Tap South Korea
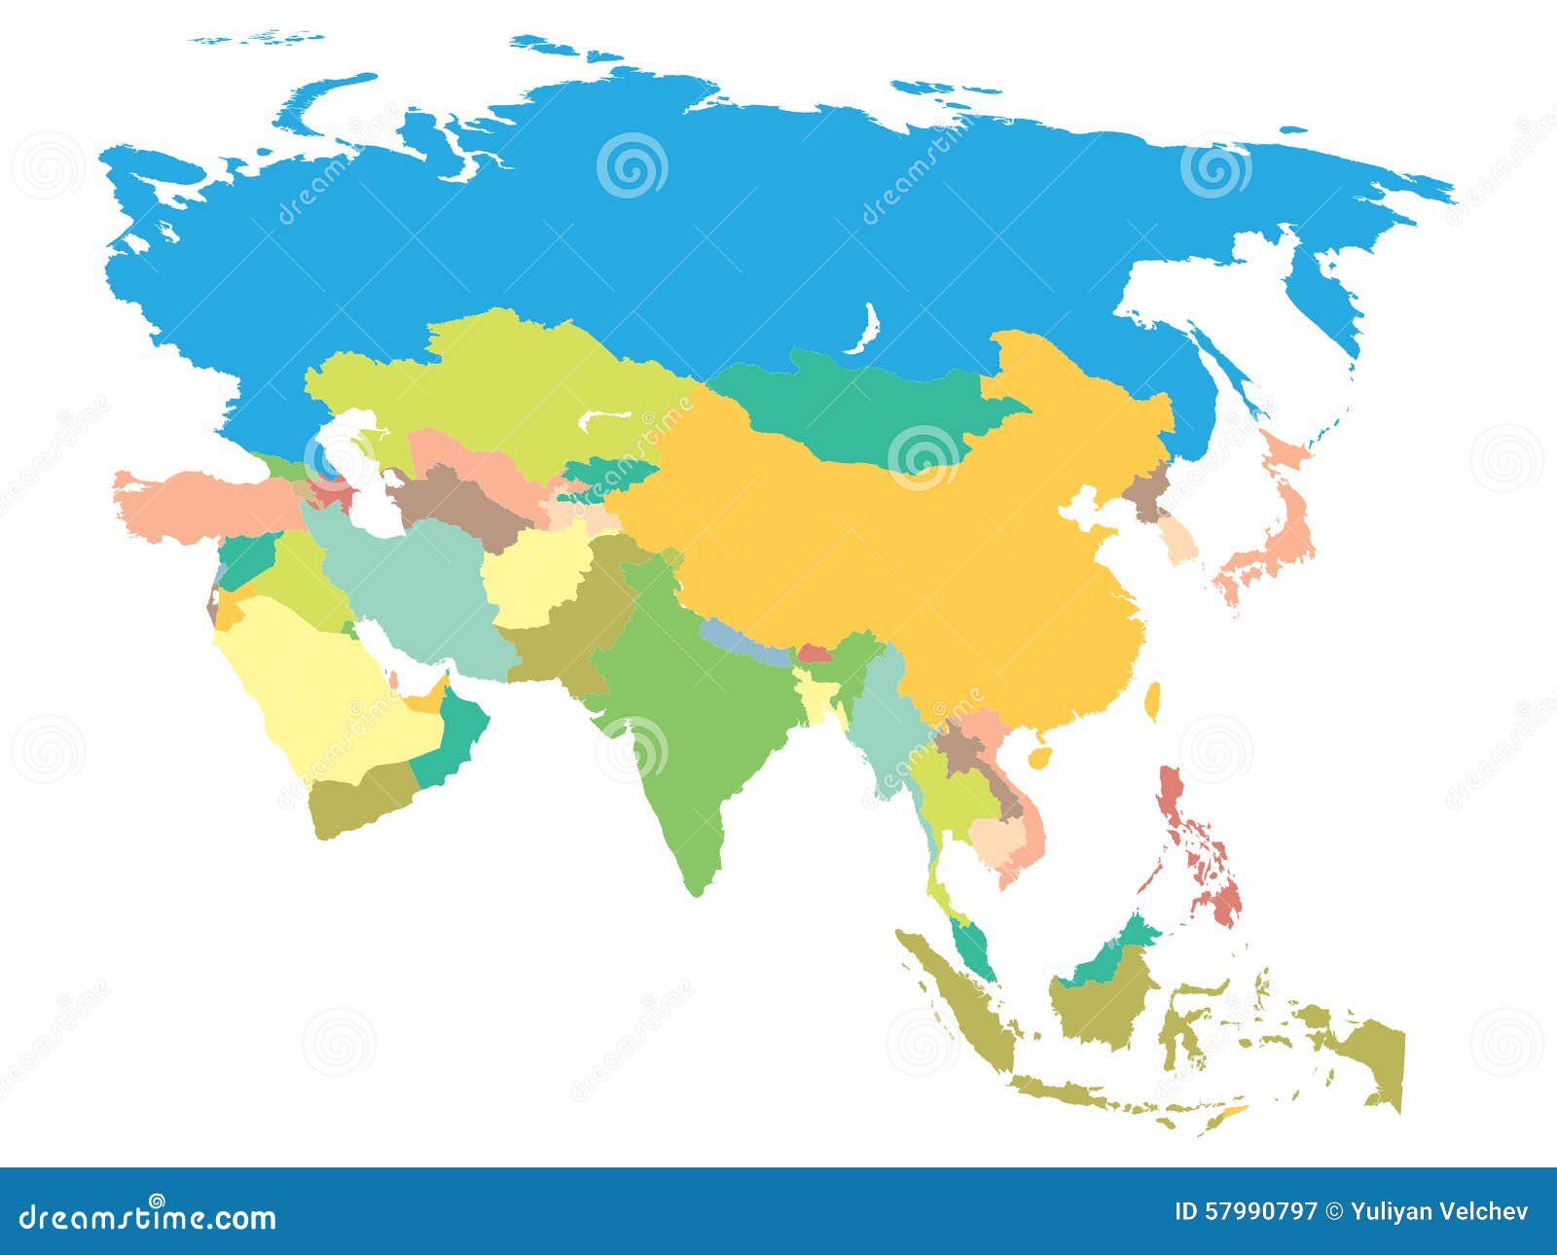[1180, 540]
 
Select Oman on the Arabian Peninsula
[457, 735]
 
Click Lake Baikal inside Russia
[862, 331]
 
